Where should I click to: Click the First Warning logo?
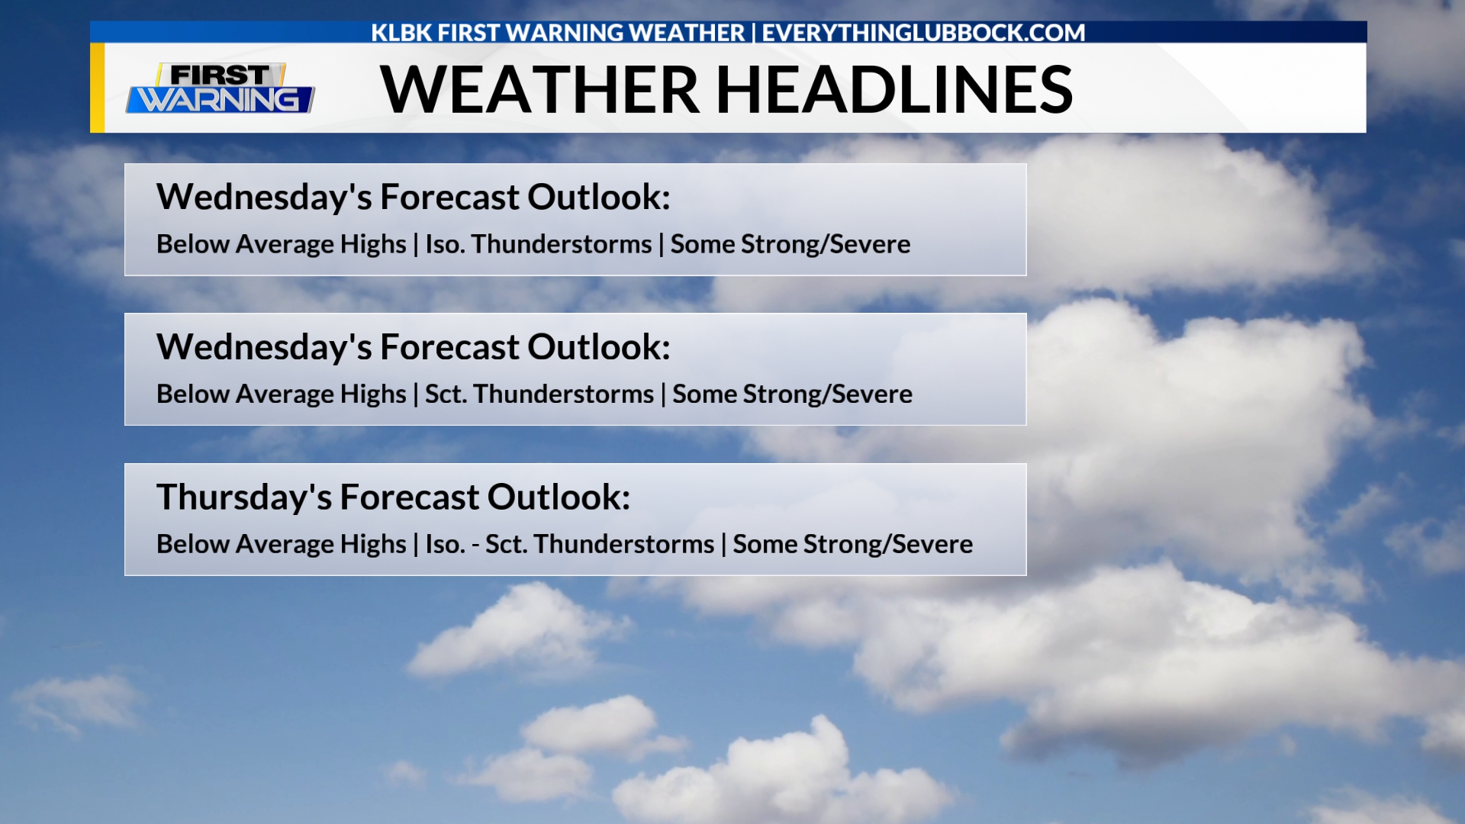click(x=221, y=88)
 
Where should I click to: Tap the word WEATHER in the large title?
click(x=539, y=90)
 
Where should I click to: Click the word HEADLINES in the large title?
click(x=894, y=90)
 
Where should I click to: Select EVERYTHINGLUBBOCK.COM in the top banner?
click(x=923, y=33)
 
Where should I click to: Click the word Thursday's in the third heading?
click(x=244, y=497)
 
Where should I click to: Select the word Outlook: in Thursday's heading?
click(x=559, y=497)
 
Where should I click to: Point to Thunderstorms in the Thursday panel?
click(x=624, y=544)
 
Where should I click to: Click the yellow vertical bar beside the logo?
click(x=97, y=88)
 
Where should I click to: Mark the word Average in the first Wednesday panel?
click(x=282, y=244)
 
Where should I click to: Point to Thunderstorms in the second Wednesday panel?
click(x=564, y=394)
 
